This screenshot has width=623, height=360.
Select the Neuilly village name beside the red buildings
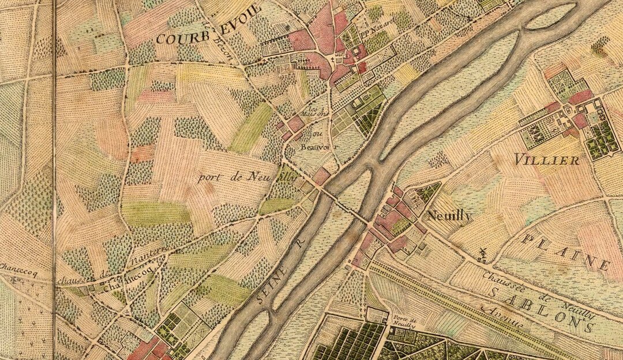pyautogui.click(x=449, y=216)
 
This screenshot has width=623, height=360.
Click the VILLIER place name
pyautogui.click(x=547, y=160)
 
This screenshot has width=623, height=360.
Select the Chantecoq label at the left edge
pyautogui.click(x=17, y=275)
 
